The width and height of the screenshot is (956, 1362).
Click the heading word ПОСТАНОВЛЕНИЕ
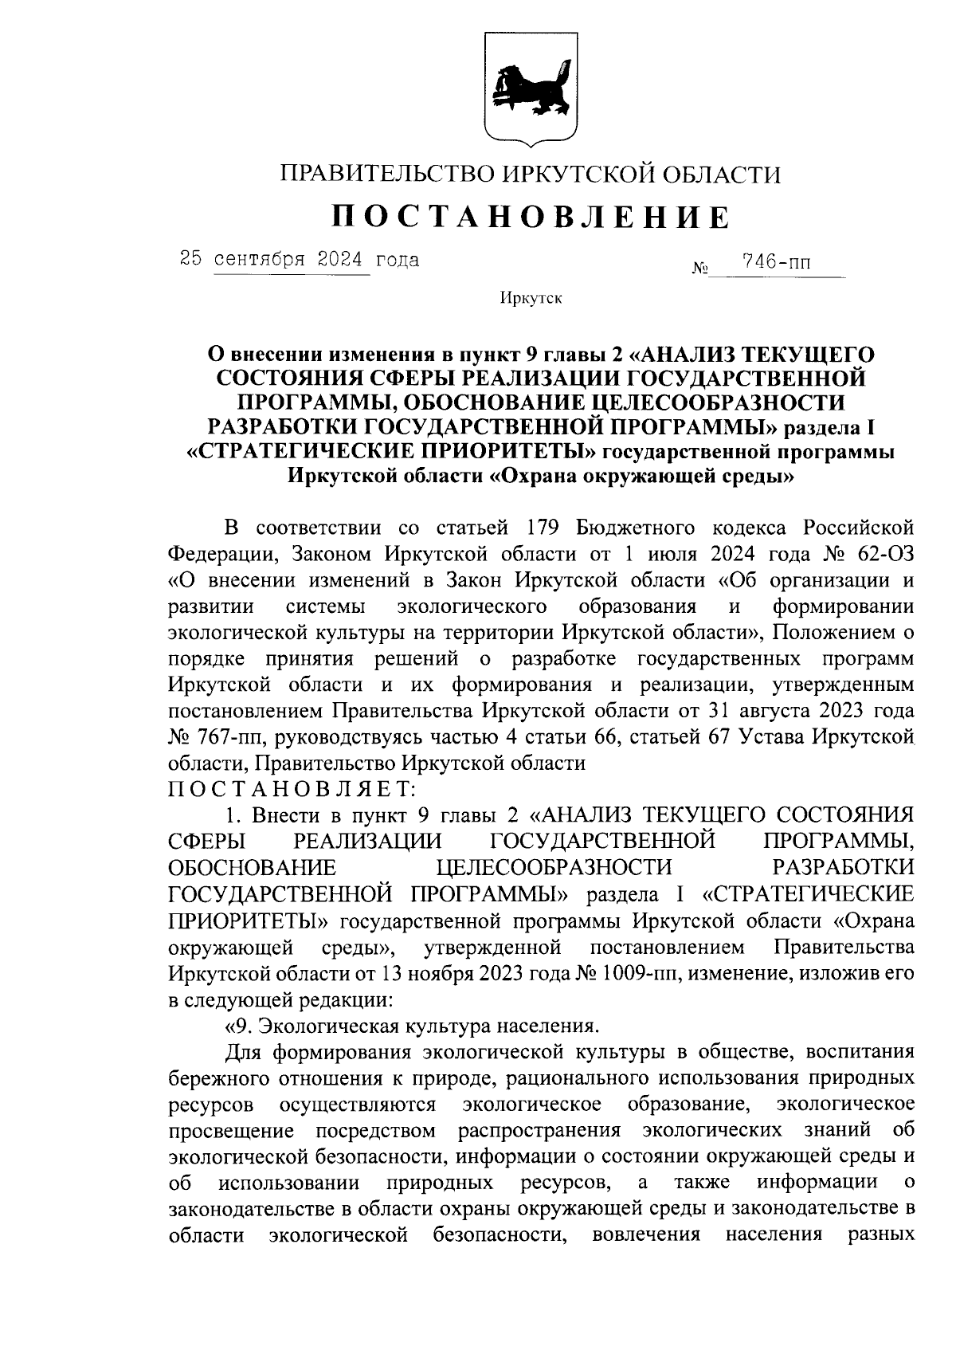click(x=530, y=217)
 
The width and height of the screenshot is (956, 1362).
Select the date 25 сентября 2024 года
click(x=300, y=260)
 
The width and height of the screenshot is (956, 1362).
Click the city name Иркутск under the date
click(x=531, y=298)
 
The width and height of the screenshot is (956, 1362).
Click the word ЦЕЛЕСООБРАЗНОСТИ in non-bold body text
click(x=554, y=868)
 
